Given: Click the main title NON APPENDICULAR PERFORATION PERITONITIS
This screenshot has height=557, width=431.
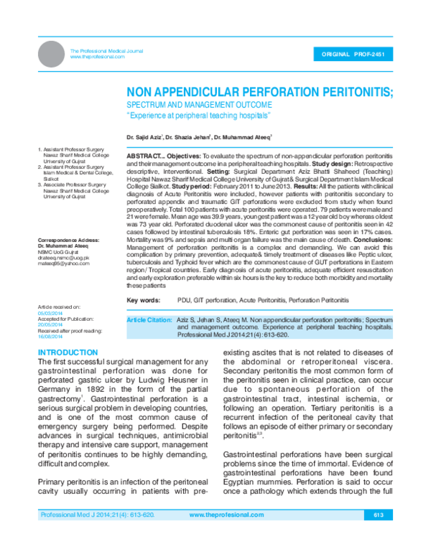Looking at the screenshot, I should click(x=260, y=93).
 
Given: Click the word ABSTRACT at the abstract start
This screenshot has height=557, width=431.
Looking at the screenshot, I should click(x=147, y=156).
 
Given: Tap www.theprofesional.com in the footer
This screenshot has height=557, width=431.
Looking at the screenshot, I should click(x=226, y=535).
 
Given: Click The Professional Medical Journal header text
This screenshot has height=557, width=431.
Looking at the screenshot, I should click(x=106, y=51).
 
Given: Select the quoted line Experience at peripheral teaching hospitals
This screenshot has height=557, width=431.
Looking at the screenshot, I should click(x=198, y=116).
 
